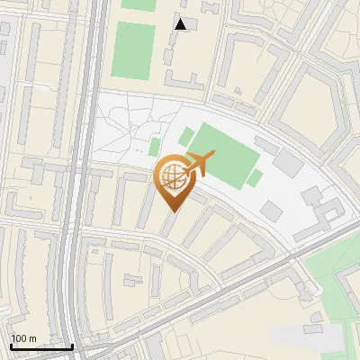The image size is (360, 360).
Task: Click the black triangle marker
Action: pos(181,24)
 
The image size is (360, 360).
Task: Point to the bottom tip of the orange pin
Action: pos(172,211)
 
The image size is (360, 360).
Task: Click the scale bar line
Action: pos(41,346)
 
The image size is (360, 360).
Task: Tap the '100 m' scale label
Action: pos(23,338)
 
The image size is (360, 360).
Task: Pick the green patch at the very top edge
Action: pos(139,4)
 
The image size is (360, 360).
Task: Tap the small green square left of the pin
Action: pos(155,147)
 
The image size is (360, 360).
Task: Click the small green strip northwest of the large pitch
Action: pos(186,137)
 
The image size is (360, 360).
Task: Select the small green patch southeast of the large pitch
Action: pos(255,178)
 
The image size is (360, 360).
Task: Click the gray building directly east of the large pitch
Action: pos(288,163)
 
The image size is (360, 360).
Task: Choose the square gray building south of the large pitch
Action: pos(271,211)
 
